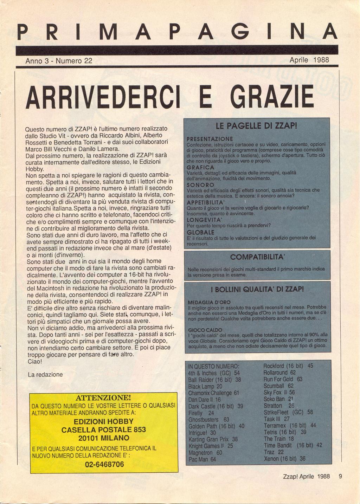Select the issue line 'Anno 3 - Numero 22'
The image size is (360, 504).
59,60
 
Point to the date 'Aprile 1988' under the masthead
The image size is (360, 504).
309,60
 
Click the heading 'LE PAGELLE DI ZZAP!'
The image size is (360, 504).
257,125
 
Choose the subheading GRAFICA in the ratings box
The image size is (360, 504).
200,167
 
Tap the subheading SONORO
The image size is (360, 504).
200,185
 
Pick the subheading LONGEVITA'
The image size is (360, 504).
203,219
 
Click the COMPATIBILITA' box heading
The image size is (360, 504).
257,257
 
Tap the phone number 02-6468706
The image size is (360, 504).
104,464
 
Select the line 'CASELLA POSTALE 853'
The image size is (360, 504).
104,429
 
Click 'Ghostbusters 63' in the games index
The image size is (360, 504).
208,419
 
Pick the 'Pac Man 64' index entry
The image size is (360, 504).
202,459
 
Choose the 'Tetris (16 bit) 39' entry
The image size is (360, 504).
285,432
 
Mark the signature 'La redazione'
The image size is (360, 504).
45,374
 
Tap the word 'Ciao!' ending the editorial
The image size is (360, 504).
34,361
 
